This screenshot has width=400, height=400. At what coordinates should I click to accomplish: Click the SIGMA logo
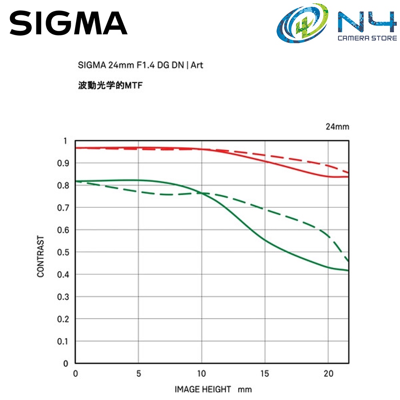tap(68, 23)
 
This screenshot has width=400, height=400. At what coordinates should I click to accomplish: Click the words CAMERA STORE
tap(367, 38)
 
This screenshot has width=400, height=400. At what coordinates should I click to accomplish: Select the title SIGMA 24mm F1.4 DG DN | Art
tap(140, 65)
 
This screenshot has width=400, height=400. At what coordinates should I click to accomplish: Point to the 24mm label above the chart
tap(337, 127)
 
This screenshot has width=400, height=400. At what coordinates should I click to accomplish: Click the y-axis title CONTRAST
tap(41, 256)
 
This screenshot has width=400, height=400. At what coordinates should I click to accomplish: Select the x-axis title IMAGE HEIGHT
tap(203, 389)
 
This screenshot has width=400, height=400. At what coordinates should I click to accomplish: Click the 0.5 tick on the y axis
tap(63, 252)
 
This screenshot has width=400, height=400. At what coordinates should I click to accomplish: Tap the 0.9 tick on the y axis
tap(63, 163)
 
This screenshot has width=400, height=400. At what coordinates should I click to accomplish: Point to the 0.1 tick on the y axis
tap(63, 341)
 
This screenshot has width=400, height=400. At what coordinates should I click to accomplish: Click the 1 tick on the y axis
tap(66, 141)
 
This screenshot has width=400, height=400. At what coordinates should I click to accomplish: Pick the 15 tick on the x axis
tap(265, 374)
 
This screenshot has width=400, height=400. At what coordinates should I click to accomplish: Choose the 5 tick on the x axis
tap(138, 374)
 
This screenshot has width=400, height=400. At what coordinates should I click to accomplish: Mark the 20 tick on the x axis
tap(328, 374)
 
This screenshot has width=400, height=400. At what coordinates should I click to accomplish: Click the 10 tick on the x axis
tap(202, 374)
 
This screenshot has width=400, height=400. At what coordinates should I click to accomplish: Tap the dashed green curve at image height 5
tap(138, 191)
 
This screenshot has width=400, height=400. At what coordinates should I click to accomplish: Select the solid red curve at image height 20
tap(328, 176)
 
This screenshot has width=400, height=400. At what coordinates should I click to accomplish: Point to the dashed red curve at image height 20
tap(328, 165)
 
